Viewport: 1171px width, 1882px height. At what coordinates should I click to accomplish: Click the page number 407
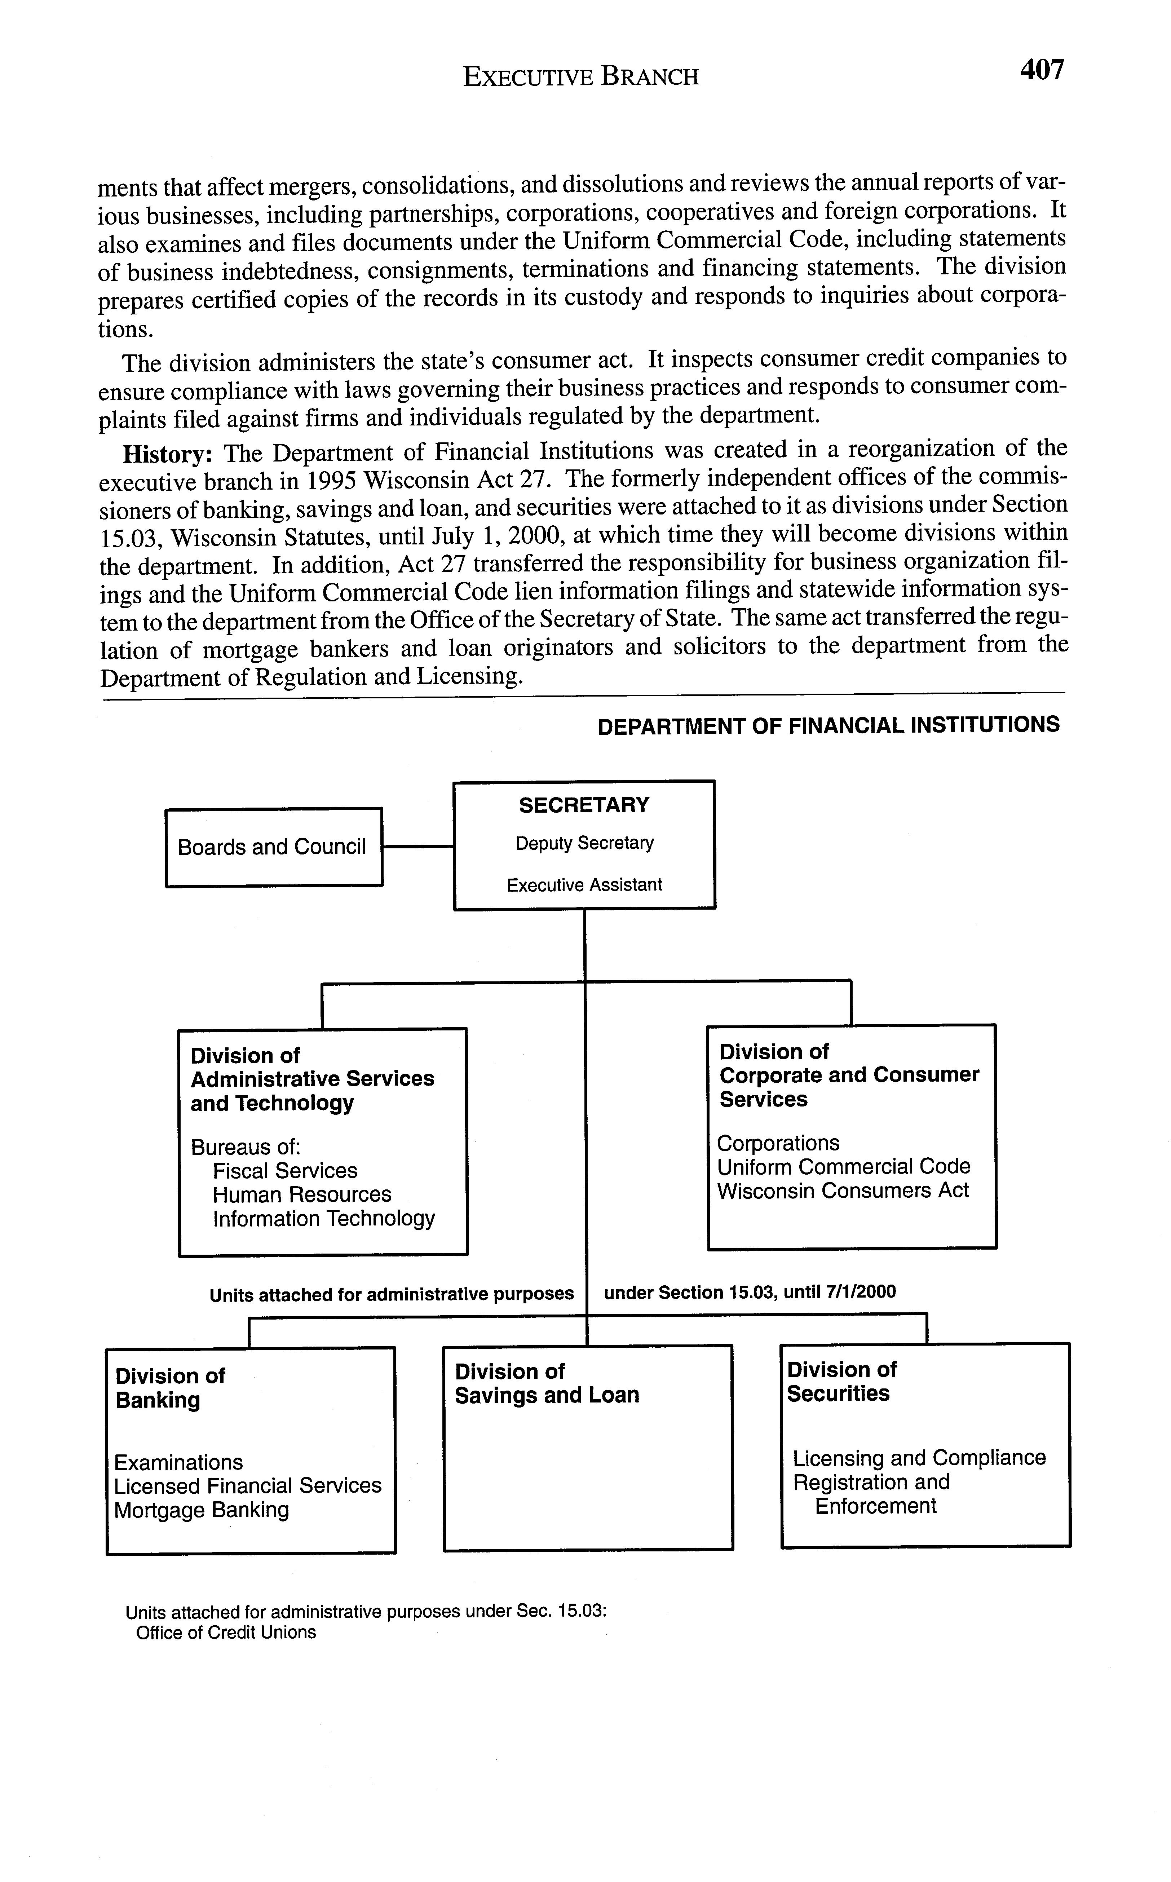click(x=1042, y=70)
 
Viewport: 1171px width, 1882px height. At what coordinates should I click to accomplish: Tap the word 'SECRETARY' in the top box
click(x=584, y=805)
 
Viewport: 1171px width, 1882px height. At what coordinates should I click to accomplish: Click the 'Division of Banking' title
click(x=169, y=1389)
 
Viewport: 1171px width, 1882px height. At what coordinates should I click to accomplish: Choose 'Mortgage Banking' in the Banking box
click(x=202, y=1510)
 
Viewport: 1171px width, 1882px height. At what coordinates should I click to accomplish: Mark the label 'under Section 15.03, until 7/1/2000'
click(x=750, y=1293)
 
